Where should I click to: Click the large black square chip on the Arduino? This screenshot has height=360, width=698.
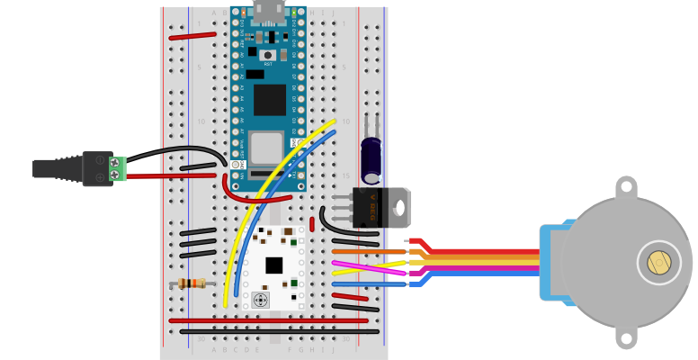(269, 99)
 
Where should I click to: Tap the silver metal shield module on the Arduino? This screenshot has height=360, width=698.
(267, 148)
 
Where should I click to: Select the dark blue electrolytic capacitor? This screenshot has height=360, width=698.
(371, 157)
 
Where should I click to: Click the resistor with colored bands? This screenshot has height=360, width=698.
(191, 283)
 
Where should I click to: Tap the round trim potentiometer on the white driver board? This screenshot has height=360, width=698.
(261, 300)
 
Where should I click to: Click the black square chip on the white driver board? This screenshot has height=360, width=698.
(273, 265)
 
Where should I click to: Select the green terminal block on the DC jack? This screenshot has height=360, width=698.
(117, 168)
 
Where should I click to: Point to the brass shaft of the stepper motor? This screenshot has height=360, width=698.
(658, 263)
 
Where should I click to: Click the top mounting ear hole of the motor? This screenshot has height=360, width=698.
(626, 188)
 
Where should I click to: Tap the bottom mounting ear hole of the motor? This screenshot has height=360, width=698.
(626, 338)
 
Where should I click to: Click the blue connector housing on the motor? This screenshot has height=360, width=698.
(550, 261)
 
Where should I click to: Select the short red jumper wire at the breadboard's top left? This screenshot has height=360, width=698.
(192, 37)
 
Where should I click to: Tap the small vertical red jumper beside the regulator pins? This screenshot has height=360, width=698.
(312, 224)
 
